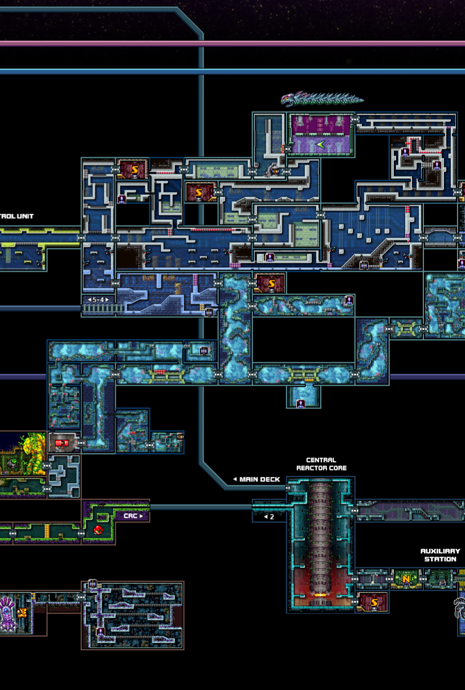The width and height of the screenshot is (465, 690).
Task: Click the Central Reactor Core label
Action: [x=321, y=464]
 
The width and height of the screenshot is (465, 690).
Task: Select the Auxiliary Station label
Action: [x=440, y=555]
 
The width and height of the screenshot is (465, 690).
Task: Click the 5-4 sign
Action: [x=98, y=300]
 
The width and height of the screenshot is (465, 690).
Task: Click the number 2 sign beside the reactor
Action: [x=270, y=517]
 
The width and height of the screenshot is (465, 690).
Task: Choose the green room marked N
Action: [x=406, y=579]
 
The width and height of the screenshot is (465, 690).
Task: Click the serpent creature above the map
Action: [x=321, y=99]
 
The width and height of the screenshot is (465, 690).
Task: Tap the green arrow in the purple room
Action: [x=320, y=145]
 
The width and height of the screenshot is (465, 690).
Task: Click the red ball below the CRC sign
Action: [x=98, y=530]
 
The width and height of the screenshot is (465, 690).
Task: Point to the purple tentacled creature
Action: [x=7, y=614]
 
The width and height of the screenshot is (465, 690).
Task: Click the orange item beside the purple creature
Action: [x=22, y=613]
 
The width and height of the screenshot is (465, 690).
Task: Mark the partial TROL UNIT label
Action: [x=17, y=217]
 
